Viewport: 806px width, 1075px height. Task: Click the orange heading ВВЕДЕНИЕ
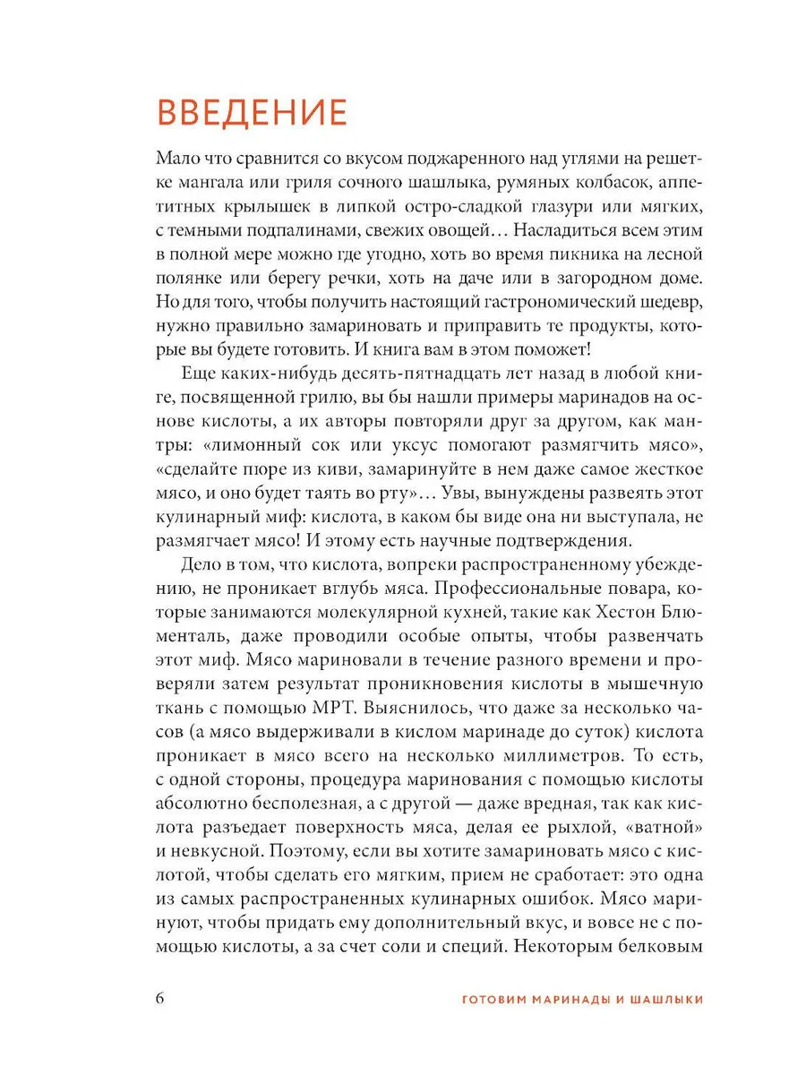[252, 114]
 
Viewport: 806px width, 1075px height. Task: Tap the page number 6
[161, 999]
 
